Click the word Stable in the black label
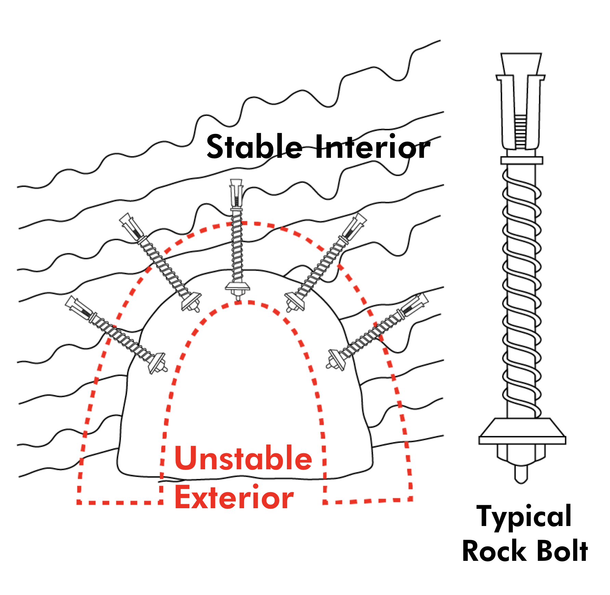(254, 147)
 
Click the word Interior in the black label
(372, 147)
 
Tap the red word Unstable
(243, 458)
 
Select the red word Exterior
(234, 497)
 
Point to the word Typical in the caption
(524, 517)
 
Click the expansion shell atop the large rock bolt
(521, 101)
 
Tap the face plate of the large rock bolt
(522, 431)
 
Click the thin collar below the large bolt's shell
(522, 160)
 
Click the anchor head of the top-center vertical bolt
(236, 193)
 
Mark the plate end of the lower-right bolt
(336, 360)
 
